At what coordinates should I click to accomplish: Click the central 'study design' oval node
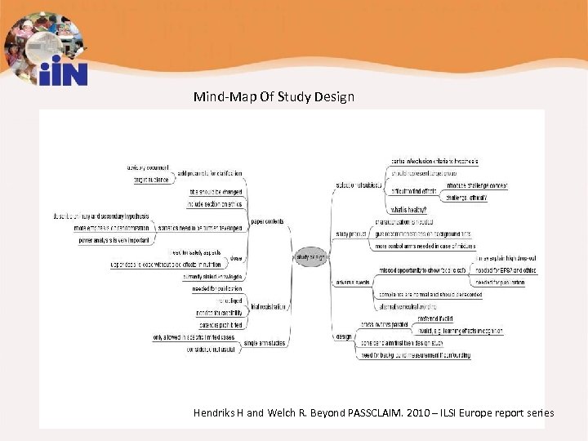(x=310, y=256)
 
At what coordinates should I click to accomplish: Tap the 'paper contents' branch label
(x=267, y=221)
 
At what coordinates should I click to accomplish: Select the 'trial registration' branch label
(x=269, y=307)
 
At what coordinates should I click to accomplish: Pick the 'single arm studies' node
(x=265, y=343)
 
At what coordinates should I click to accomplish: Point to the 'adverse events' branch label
(x=352, y=282)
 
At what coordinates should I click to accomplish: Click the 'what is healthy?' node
(x=408, y=210)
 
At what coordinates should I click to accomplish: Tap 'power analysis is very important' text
(x=114, y=241)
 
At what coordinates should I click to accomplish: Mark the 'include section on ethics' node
(x=215, y=203)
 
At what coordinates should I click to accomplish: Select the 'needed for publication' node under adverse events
(x=500, y=282)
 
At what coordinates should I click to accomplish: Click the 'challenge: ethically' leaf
(x=466, y=198)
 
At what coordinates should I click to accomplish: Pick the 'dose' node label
(x=236, y=258)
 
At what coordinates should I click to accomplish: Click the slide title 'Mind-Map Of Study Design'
(x=274, y=97)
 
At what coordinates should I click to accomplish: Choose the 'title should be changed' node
(x=216, y=192)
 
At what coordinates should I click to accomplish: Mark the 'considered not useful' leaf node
(x=211, y=350)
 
